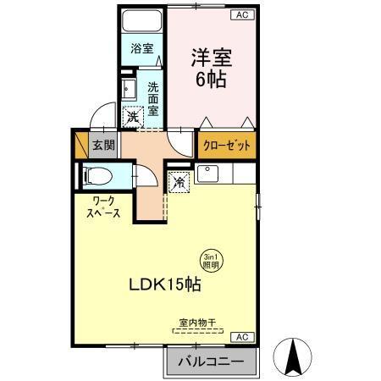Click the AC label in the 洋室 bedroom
coord(242,15)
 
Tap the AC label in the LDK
coord(242,337)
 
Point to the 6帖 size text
coord(211,81)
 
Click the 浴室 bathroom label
coord(141,49)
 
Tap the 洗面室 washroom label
coord(154,98)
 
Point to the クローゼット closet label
coord(227,146)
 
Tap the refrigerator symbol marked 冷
coord(179,181)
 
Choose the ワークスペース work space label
coord(102,207)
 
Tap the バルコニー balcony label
coord(210,362)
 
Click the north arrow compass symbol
coord(295,356)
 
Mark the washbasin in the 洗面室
coord(131,89)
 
